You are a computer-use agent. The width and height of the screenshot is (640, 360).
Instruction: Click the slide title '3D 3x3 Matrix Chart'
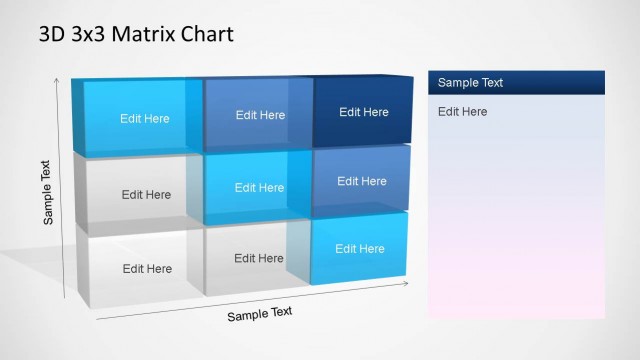point(136,34)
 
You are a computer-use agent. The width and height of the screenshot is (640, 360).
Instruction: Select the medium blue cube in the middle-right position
point(361,181)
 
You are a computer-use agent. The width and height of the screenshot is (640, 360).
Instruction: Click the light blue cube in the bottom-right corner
point(359,249)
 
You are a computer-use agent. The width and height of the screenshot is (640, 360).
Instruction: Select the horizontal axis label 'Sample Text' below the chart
point(260,313)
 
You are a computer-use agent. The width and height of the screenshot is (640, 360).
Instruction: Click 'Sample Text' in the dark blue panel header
point(470,83)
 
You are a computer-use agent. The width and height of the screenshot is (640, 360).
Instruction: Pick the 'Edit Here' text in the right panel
point(462,111)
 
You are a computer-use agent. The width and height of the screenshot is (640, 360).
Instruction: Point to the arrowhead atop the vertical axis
point(56,81)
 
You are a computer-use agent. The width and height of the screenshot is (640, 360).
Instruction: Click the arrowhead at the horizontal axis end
point(405,283)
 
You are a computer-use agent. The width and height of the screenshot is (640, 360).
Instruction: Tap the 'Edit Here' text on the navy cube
point(364,112)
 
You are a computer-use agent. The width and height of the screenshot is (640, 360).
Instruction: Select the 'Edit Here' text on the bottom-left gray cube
point(147,268)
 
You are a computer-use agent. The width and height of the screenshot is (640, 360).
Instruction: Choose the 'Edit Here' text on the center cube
point(259,187)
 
